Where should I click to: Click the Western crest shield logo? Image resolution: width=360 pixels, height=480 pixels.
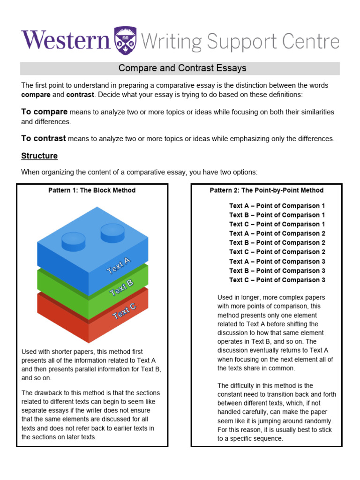124,41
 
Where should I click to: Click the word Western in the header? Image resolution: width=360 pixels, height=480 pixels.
65,41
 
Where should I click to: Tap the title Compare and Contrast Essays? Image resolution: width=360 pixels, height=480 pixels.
182,68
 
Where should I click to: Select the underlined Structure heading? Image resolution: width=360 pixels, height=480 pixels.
39,156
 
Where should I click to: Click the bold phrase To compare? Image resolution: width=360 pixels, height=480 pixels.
45,112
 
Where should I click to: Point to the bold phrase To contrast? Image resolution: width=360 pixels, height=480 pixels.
44,138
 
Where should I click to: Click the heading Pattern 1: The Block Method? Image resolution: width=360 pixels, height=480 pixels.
92,190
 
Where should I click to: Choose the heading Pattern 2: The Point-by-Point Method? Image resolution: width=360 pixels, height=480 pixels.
266,190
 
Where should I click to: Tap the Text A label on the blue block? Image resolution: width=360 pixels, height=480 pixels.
119,266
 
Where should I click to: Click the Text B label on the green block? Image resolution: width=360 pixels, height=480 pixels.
121,288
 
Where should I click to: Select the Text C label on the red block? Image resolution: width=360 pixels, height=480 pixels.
125,311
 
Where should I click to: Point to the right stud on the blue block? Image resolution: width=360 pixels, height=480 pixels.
112,232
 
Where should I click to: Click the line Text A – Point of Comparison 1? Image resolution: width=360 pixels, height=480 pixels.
277,206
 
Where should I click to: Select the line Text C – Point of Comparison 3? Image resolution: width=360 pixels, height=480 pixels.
277,280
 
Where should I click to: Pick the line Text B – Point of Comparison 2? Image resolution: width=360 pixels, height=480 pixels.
277,243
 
